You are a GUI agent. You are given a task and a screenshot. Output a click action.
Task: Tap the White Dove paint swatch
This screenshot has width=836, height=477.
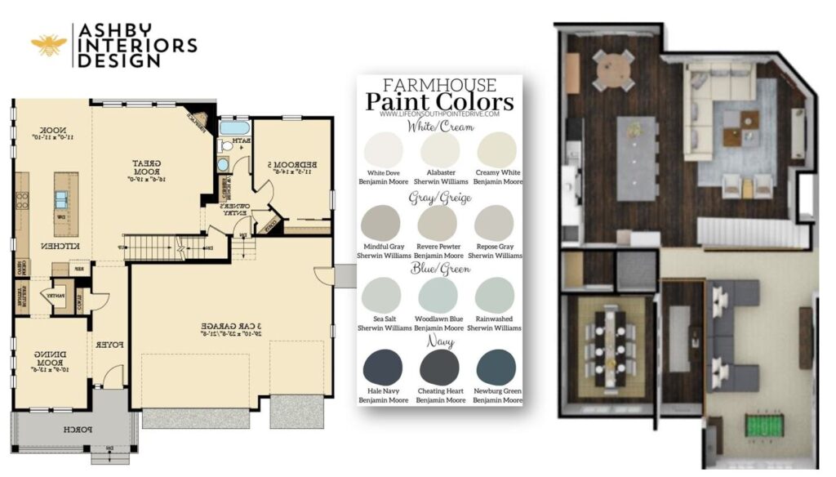pos(384,149)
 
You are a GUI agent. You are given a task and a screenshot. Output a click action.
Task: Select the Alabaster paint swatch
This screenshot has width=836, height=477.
pos(440,149)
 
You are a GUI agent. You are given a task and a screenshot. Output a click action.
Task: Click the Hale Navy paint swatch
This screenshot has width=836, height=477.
pos(383,366)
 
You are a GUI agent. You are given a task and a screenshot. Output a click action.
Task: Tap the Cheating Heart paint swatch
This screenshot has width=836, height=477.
pos(440,367)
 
